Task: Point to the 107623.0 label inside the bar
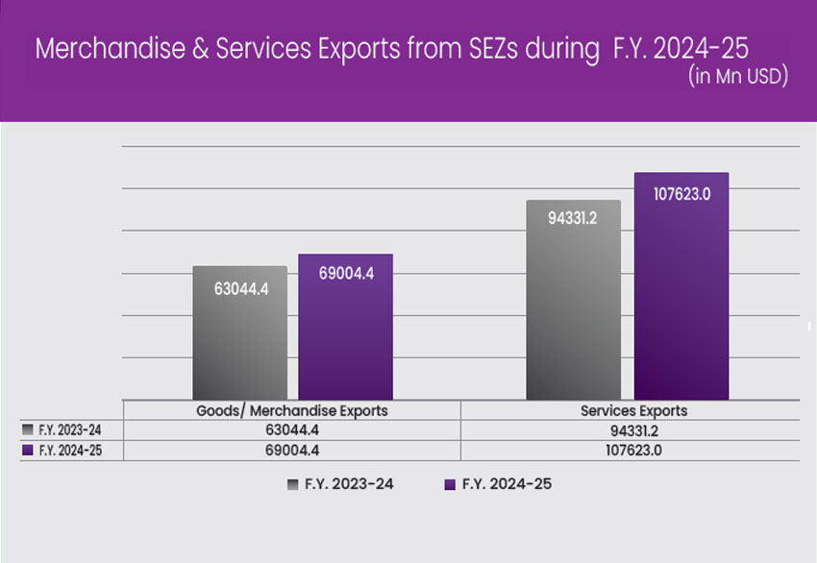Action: click(x=681, y=193)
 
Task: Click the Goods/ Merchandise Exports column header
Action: click(x=291, y=410)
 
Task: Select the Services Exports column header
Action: click(x=633, y=410)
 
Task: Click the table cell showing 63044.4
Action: click(x=291, y=430)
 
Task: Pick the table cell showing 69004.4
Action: click(x=291, y=450)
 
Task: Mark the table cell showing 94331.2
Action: click(x=633, y=430)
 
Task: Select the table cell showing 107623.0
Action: click(x=633, y=450)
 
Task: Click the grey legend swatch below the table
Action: click(x=291, y=485)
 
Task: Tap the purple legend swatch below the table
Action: click(x=449, y=485)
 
